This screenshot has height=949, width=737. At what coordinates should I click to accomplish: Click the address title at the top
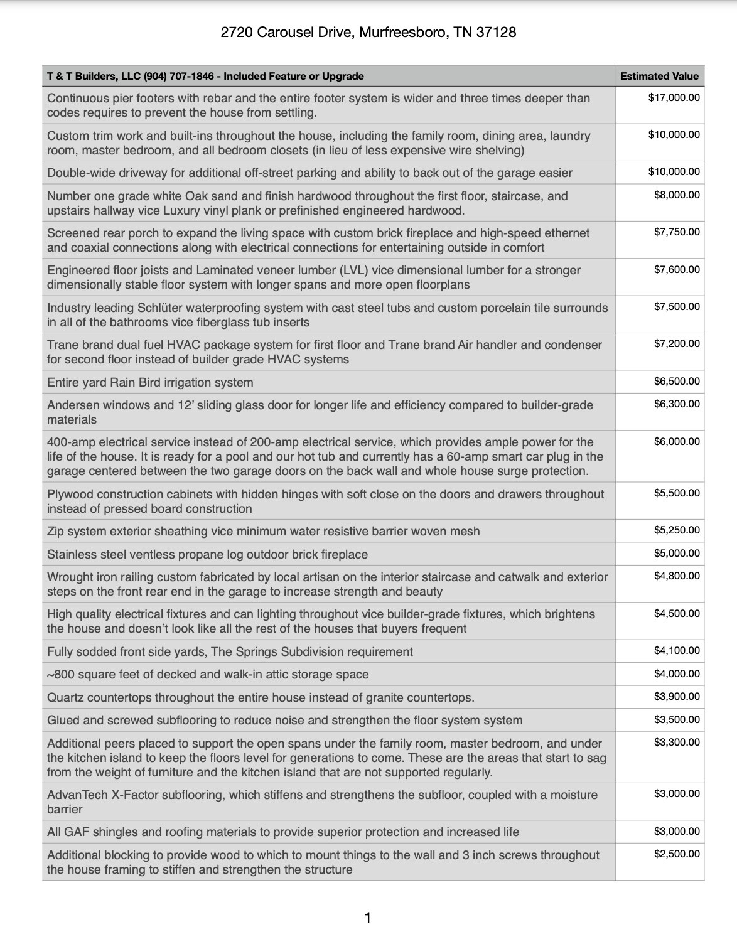tap(368, 32)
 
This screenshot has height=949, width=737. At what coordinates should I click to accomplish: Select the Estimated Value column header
tap(659, 76)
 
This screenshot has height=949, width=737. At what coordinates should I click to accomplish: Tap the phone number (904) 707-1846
tap(179, 76)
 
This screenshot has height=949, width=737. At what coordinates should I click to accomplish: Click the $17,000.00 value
tap(674, 97)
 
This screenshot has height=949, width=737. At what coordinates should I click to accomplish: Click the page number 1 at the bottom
tap(368, 918)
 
